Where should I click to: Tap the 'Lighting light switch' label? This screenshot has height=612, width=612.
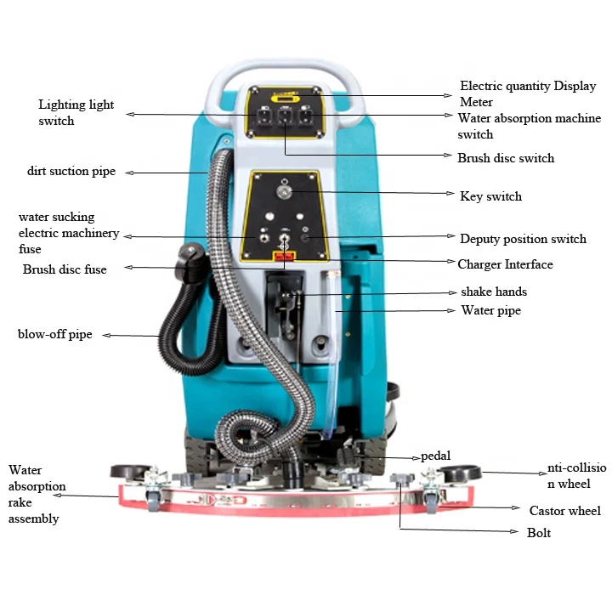click(76, 113)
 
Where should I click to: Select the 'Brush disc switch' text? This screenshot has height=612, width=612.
click(505, 158)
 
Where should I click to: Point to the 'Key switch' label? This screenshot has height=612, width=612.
click(490, 196)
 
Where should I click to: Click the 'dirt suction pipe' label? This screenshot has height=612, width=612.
click(71, 172)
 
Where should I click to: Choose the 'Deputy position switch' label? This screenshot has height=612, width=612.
click(523, 239)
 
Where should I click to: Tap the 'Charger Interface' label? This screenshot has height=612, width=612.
click(505, 264)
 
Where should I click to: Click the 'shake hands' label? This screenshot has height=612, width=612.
click(493, 292)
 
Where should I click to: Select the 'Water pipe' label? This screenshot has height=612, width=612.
click(490, 310)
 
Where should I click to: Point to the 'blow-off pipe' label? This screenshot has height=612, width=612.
click(54, 334)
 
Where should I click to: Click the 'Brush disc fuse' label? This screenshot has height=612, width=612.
click(65, 269)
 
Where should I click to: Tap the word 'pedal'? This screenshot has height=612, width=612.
click(435, 456)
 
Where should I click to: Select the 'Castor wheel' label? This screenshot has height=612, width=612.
click(564, 511)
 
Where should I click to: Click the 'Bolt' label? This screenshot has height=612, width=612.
click(538, 533)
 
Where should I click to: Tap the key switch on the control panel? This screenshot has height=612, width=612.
click(284, 193)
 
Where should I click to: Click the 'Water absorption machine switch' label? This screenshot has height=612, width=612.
click(529, 126)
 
